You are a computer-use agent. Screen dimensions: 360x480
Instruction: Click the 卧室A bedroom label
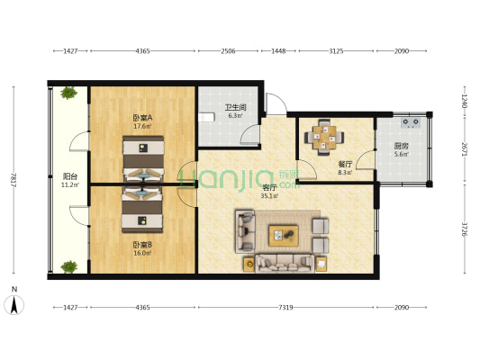pos(142,117)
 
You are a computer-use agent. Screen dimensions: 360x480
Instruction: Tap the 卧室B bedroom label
pos(142,246)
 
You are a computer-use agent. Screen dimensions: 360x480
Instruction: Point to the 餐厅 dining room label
pos(344,164)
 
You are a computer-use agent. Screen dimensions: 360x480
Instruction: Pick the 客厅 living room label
pos(268,187)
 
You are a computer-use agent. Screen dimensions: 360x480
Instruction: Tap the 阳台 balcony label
pos(69,176)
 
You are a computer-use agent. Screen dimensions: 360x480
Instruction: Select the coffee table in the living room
pos(286,235)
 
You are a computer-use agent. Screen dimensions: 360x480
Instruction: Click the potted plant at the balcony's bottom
pos(69,265)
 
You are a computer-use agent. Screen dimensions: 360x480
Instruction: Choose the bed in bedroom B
pos(141,208)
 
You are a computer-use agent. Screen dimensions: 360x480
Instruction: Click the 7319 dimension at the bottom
pos(285,308)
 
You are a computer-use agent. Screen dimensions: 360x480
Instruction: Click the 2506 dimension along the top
pos(228,51)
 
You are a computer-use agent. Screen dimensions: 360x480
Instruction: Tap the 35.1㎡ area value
pos(268,195)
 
